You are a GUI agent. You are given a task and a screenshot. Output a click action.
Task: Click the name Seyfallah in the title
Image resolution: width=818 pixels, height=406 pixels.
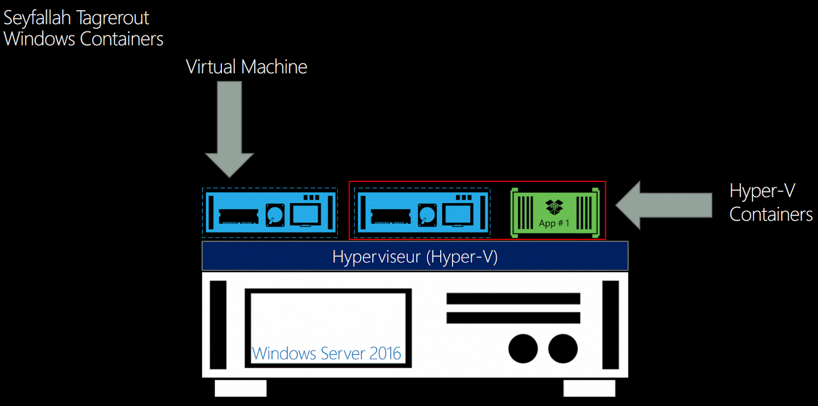(x=37, y=18)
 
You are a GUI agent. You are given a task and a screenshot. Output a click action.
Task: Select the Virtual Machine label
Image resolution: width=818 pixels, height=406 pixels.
(x=246, y=67)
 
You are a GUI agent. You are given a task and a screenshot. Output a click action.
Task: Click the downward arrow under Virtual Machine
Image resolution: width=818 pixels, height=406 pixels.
(x=230, y=128)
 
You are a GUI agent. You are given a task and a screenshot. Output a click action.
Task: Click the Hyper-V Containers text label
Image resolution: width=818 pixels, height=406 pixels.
(x=770, y=202)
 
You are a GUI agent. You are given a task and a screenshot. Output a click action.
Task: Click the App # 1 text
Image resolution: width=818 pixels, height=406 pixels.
(x=554, y=223)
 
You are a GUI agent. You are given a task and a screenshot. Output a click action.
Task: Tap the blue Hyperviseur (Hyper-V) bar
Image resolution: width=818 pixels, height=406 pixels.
(x=415, y=256)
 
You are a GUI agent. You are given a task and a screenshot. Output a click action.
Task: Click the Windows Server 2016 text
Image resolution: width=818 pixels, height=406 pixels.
(x=327, y=353)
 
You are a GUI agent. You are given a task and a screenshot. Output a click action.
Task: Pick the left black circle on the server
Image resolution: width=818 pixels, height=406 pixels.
(x=523, y=348)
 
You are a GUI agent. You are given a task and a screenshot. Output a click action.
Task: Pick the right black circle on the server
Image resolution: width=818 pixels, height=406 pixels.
(x=563, y=348)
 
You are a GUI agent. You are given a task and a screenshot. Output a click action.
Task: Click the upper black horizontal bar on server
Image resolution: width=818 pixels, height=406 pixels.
(x=513, y=298)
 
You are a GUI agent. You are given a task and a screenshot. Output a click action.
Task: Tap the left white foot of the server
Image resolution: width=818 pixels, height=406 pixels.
(x=240, y=388)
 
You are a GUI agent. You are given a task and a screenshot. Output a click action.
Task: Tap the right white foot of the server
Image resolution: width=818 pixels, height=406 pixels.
(x=589, y=388)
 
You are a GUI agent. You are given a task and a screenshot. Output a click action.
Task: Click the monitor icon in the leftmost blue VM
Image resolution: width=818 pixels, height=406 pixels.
(x=305, y=214)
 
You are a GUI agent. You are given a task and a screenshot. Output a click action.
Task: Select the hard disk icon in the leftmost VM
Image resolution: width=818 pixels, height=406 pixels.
(x=275, y=214)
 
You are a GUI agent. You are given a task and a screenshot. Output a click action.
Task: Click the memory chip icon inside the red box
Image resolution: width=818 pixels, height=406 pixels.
(x=391, y=217)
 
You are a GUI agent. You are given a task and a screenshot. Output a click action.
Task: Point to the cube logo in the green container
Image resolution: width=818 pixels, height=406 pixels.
(x=554, y=207)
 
